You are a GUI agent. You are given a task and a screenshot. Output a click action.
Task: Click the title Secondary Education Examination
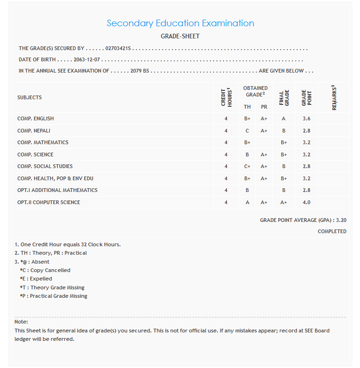(180, 23)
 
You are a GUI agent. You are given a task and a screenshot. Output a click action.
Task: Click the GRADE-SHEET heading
(180, 36)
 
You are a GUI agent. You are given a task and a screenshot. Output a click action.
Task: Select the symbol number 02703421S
(118, 48)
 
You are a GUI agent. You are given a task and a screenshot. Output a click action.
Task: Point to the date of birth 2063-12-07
(87, 60)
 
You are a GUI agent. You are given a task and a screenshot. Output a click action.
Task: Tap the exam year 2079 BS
(139, 71)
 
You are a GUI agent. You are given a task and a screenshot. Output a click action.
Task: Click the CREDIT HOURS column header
(226, 97)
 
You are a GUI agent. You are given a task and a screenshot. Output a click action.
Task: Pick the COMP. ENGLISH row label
(36, 119)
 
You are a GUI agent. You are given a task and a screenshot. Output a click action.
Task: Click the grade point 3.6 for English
(306, 119)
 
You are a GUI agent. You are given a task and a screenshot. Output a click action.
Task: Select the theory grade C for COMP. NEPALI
(247, 131)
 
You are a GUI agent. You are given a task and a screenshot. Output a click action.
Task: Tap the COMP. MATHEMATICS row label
(43, 143)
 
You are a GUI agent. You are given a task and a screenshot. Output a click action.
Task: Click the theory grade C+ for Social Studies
(247, 167)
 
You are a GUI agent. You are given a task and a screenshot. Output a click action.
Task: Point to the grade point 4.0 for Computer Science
(306, 202)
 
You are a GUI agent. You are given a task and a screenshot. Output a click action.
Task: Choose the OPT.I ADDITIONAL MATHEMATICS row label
(57, 191)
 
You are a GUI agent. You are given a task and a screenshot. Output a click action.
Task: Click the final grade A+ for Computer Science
(284, 202)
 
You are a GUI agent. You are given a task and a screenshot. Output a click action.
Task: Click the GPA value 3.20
(341, 220)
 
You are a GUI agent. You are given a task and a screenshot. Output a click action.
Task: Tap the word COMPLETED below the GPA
(332, 231)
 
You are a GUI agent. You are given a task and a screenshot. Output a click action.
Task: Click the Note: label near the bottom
(21, 322)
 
